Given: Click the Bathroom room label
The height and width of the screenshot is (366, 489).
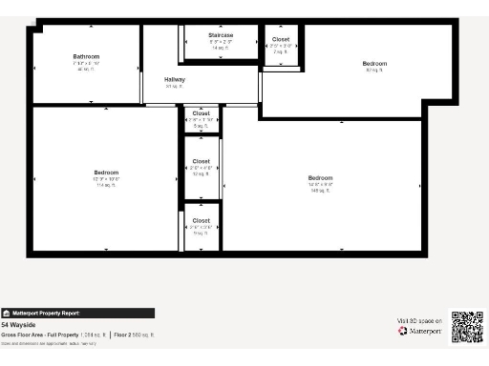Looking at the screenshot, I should [86, 56].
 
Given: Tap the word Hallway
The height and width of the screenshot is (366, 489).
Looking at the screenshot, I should [175, 79].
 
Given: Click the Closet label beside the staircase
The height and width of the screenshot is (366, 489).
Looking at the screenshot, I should [281, 39].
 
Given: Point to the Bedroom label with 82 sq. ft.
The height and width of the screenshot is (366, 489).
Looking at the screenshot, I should [374, 64].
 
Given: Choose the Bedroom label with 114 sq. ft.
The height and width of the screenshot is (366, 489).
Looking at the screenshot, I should [106, 173].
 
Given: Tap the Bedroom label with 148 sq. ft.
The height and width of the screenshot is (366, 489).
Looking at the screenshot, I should [320, 178].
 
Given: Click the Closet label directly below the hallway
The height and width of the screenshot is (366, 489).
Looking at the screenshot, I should [201, 113].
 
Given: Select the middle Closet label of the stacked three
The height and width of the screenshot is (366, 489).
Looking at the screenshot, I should [201, 161].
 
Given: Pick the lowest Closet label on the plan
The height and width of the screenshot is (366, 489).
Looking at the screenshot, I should [201, 220].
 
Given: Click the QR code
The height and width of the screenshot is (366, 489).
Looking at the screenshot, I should [466, 326].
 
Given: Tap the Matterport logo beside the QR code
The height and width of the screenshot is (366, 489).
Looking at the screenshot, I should [418, 332].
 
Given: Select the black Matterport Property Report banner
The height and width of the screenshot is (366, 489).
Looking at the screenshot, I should [77, 313].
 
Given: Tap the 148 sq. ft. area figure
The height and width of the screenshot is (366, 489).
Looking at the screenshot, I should [320, 191].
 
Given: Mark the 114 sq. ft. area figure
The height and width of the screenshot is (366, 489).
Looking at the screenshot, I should [106, 185].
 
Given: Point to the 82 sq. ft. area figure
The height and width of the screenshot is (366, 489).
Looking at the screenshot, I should [374, 71].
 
